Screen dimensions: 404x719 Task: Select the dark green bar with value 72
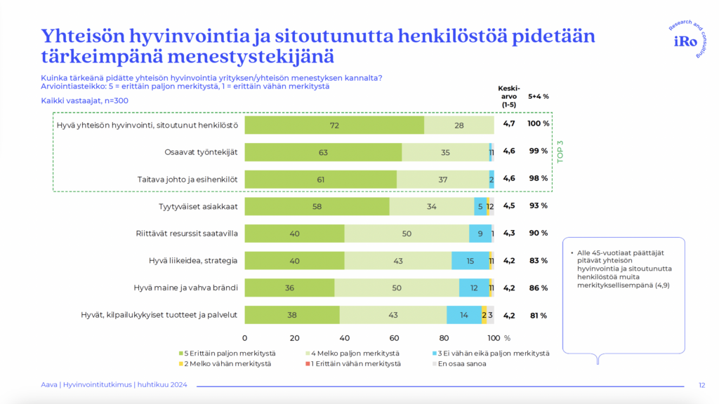pos(334,125)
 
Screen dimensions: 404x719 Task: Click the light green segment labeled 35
pos(445,152)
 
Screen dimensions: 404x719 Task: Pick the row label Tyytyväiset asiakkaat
pos(199,206)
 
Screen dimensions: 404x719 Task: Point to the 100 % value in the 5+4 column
pos(539,124)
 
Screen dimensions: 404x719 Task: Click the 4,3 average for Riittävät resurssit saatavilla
pos(509,233)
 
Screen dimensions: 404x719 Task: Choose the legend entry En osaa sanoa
pos(460,363)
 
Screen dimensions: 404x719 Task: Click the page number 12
pos(701,384)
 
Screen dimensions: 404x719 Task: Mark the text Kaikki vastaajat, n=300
pos(85,100)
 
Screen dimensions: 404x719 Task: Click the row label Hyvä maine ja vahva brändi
pos(186,288)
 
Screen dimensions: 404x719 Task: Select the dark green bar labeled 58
pos(317,206)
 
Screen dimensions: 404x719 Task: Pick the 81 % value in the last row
pos(539,315)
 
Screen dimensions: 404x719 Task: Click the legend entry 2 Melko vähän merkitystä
pos(226,363)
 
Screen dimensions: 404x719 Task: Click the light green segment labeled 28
pos(459,125)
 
